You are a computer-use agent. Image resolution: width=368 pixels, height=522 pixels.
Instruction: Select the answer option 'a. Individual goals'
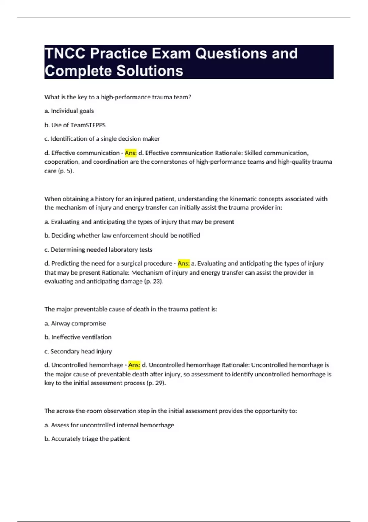coord(69,111)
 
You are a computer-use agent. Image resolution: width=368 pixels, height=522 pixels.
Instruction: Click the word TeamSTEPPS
coord(88,125)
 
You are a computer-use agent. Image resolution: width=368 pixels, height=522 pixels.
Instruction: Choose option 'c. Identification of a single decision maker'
coord(102,139)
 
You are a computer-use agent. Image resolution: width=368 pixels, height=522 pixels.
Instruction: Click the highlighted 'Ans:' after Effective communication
coord(131,153)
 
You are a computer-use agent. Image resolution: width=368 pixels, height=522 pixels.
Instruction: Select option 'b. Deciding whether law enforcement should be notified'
coord(122,236)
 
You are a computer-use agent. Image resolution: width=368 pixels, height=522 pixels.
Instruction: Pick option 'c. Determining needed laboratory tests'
coord(98,250)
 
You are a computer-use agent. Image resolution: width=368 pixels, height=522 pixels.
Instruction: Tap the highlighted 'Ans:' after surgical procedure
coord(184,263)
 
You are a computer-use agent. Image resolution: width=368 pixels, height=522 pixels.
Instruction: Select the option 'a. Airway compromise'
coord(75,323)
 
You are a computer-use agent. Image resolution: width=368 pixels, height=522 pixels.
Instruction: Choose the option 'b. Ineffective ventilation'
coord(78,337)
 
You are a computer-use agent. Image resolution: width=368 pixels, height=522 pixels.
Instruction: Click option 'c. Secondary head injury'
coord(78,351)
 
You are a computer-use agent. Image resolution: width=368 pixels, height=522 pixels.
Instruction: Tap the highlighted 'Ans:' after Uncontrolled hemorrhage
coord(134,365)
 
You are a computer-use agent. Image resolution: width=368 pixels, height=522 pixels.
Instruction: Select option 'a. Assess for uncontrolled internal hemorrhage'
coord(109,425)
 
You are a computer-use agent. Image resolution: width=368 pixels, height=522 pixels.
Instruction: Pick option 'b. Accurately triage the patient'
coord(87,439)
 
